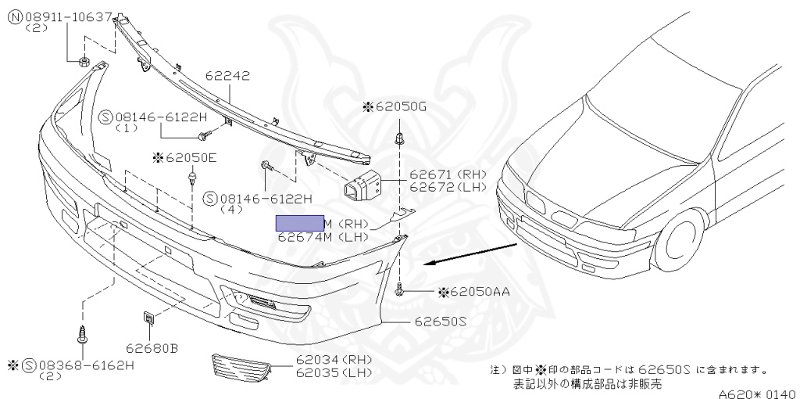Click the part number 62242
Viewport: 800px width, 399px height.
(227, 77)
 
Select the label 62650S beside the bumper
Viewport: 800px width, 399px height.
(440, 321)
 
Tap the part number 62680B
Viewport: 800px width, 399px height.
(152, 347)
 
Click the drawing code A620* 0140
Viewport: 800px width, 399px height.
(756, 394)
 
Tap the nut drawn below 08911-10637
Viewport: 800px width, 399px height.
(83, 60)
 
